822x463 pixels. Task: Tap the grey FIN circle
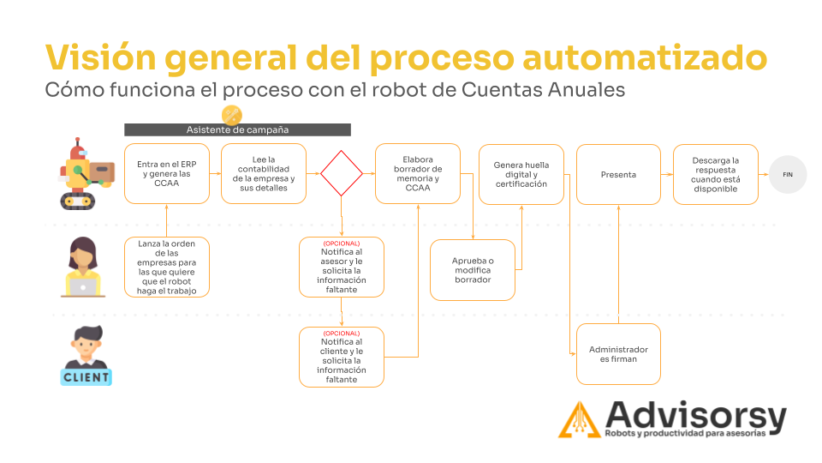tap(788, 174)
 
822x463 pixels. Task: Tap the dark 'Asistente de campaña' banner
tap(237, 129)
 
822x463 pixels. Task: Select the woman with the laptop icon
tap(83, 268)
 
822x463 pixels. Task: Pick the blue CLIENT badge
tap(86, 377)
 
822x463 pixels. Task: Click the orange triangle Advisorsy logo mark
tap(580, 420)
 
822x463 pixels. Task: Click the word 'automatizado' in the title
tap(646, 57)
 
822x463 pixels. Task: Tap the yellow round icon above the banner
tap(232, 115)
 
